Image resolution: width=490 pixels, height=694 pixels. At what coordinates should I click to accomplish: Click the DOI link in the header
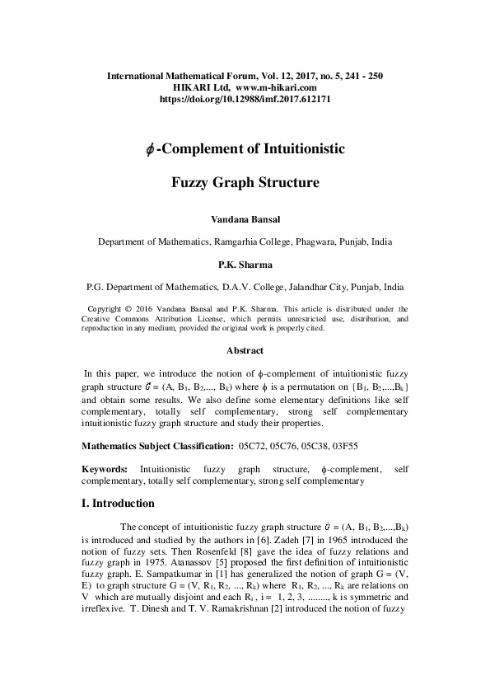tap(245, 98)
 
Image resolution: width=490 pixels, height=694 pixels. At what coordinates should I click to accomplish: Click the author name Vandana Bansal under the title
tap(245, 220)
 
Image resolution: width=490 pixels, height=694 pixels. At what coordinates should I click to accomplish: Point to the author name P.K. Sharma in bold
tap(245, 265)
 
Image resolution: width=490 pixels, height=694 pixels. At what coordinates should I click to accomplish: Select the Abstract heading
tap(245, 349)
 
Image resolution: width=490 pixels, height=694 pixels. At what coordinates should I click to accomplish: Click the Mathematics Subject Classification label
tap(156, 446)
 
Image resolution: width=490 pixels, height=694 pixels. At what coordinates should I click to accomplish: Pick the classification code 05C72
tap(253, 446)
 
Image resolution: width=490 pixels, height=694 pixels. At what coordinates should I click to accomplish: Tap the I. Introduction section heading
tap(118, 502)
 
